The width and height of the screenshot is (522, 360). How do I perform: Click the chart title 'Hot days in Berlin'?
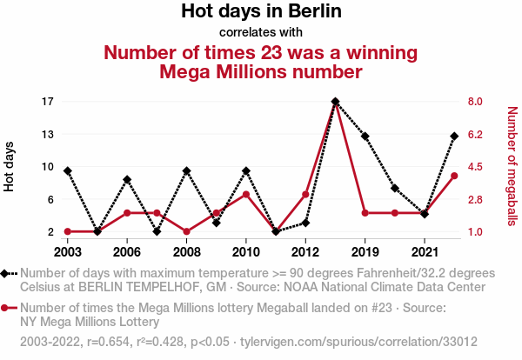coord(261,12)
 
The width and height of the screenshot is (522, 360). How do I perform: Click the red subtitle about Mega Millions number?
coord(261,61)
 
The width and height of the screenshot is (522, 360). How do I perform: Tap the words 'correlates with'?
coord(261,33)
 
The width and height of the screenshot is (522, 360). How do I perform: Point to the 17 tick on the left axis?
coord(48,102)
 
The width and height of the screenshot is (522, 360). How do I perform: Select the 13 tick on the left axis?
coord(48,134)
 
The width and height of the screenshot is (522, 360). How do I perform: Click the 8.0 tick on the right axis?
coord(475,102)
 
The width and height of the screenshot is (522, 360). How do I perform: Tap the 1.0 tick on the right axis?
coord(475,232)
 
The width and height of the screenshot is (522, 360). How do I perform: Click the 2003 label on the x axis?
coord(68,251)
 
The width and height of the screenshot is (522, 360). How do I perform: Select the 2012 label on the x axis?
coord(305,251)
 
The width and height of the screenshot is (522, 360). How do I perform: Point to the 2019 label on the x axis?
coord(365,251)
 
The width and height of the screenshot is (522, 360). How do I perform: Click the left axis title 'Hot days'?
coord(10,166)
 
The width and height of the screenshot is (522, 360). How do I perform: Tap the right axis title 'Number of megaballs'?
coord(512,166)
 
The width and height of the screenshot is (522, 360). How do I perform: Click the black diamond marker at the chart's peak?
coord(335,102)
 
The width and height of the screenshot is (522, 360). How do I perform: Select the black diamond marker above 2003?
coord(68,170)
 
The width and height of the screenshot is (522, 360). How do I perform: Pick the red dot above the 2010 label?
coord(246,194)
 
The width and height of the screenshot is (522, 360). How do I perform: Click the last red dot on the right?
coord(454,176)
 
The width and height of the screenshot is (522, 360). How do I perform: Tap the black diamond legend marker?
coord(10,273)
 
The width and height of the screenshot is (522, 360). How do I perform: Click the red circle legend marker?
coord(10,308)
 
